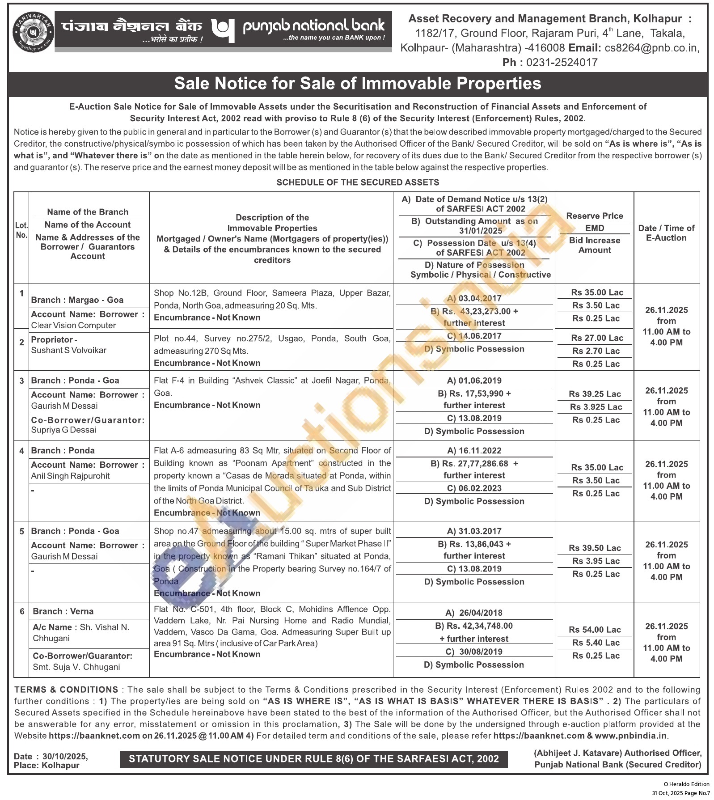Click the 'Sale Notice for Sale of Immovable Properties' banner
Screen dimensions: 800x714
click(357, 84)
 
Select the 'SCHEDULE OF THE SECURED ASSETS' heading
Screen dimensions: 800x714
click(357, 182)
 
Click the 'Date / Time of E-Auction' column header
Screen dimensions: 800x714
click(666, 233)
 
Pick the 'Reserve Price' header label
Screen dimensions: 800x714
click(594, 216)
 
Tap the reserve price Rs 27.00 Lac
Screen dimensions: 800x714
click(596, 338)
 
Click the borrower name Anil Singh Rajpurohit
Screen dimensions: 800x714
click(70, 476)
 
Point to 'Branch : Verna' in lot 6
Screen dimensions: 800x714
click(63, 611)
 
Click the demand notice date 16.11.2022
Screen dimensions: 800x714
click(474, 451)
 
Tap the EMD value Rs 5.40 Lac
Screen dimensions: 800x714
click(596, 643)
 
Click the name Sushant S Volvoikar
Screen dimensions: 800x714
click(68, 350)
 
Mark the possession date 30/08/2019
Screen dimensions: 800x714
click(474, 652)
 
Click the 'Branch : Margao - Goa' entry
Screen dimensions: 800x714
click(77, 300)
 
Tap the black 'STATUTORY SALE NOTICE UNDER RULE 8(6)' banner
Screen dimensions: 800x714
click(313, 758)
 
